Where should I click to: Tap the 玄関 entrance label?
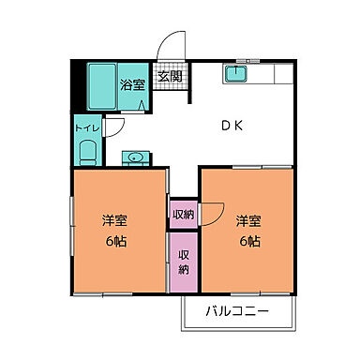pyautogui.click(x=170, y=78)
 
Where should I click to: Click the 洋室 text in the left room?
pyautogui.click(x=115, y=222)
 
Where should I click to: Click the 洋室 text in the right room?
pyautogui.click(x=248, y=221)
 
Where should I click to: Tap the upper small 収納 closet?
pyautogui.click(x=183, y=214)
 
